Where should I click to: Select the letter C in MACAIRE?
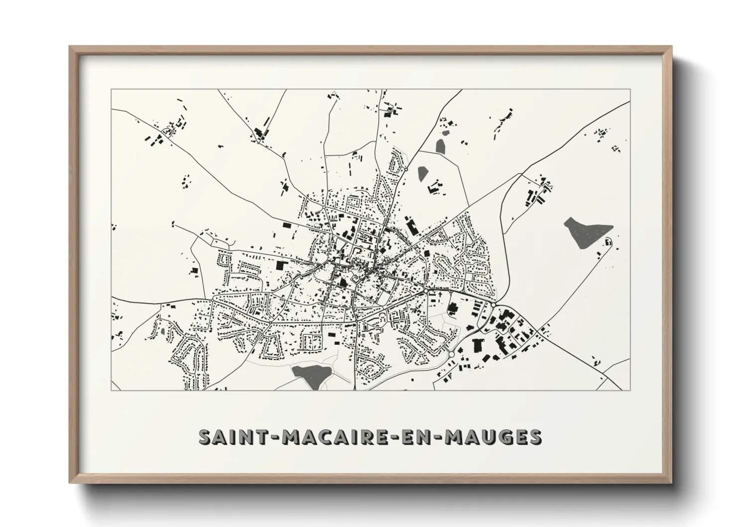(320, 437)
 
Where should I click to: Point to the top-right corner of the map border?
(631, 89)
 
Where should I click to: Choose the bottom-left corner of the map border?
(112, 391)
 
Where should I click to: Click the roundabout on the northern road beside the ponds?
(406, 169)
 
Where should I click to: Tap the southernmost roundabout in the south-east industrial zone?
(451, 354)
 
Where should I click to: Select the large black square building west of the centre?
(282, 266)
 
